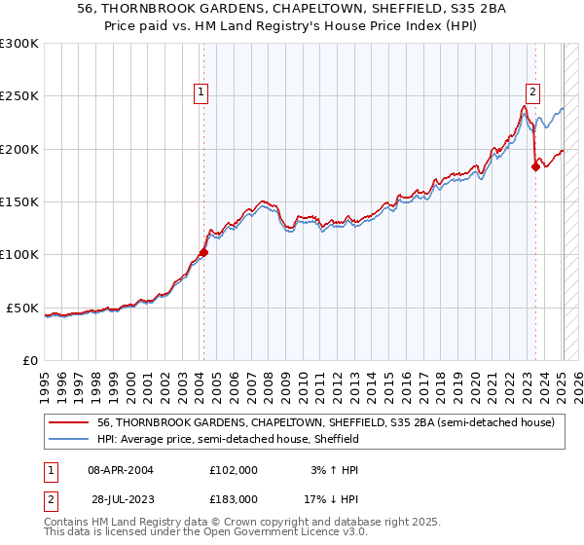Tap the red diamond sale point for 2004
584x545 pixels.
(x=203, y=252)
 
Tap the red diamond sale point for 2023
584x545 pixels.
(x=536, y=166)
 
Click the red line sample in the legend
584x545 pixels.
(x=70, y=422)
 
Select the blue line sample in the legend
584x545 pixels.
(x=70, y=439)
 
